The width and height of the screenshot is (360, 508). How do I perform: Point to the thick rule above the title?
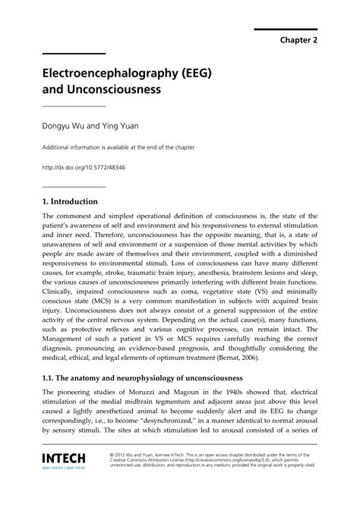73,53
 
